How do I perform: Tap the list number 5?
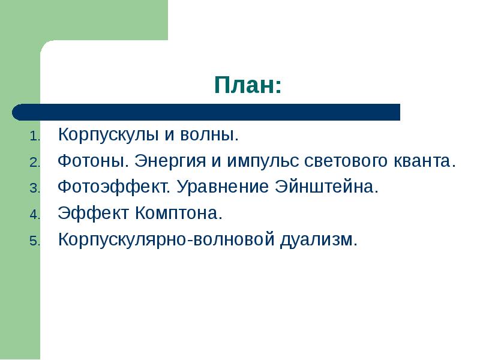34,241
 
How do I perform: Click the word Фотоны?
93,161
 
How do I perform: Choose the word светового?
350,161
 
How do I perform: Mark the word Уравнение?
224,188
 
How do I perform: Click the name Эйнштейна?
326,188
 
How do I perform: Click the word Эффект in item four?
93,214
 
